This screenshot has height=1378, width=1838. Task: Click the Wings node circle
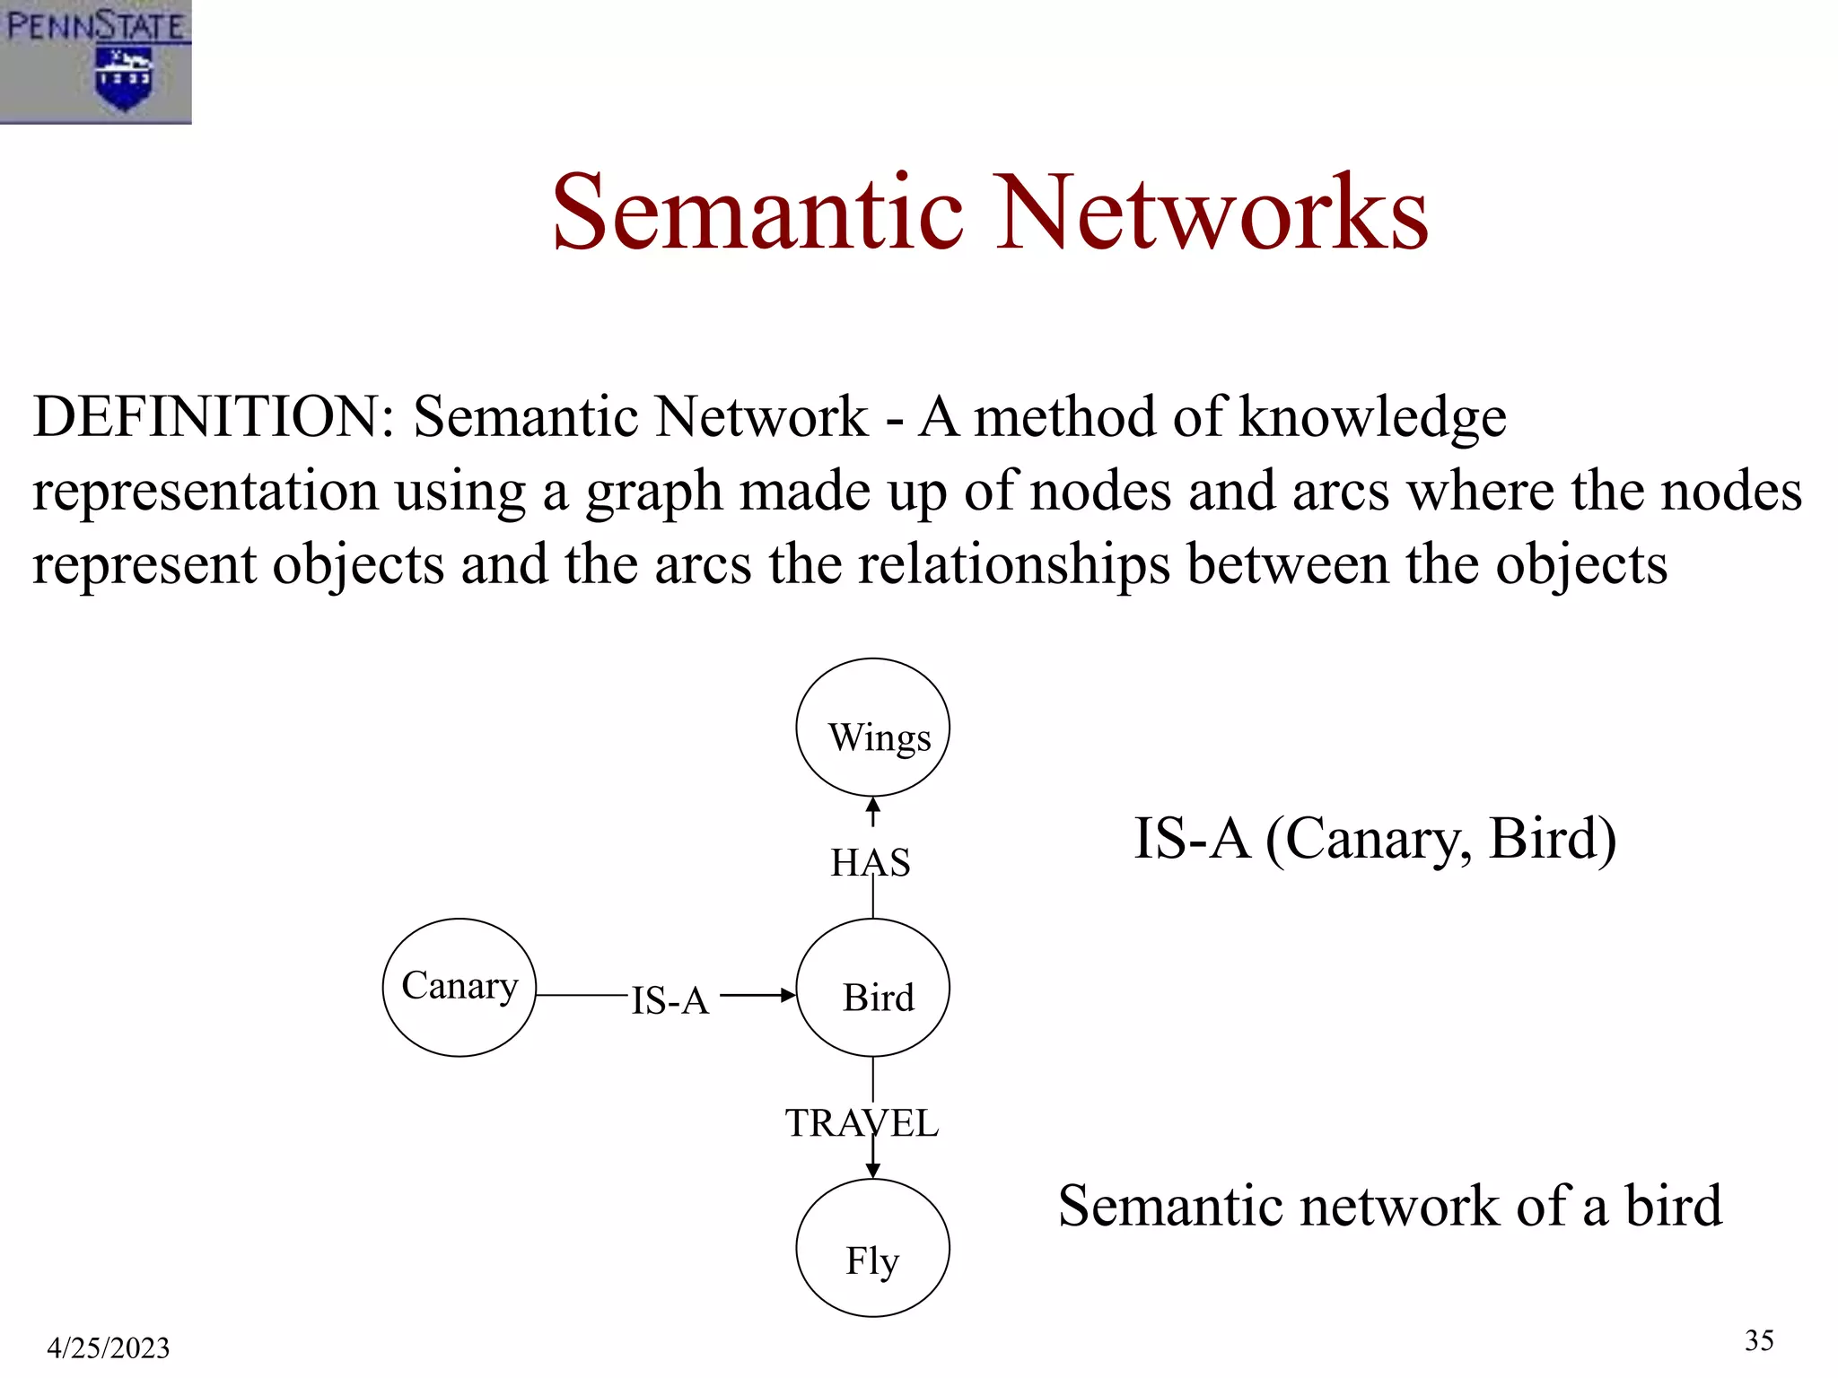[872, 728]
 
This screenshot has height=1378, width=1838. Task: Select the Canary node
[459, 987]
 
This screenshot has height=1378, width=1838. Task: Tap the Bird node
[872, 988]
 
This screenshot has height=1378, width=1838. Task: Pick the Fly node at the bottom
[872, 1248]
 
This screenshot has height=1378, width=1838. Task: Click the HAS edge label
[870, 863]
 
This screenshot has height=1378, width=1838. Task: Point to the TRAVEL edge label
[862, 1123]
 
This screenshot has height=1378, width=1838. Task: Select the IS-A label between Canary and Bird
[670, 1000]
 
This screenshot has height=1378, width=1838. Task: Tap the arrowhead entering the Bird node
[787, 995]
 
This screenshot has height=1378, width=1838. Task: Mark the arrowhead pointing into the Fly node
[872, 1170]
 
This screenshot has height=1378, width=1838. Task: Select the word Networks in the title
[1212, 213]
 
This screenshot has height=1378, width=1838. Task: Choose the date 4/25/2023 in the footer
[109, 1347]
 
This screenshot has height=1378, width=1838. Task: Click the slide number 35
[1759, 1340]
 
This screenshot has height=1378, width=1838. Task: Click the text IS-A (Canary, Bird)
[1375, 839]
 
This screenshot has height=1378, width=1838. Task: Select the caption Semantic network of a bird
[1389, 1206]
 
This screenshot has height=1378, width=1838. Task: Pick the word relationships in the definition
[1014, 566]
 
